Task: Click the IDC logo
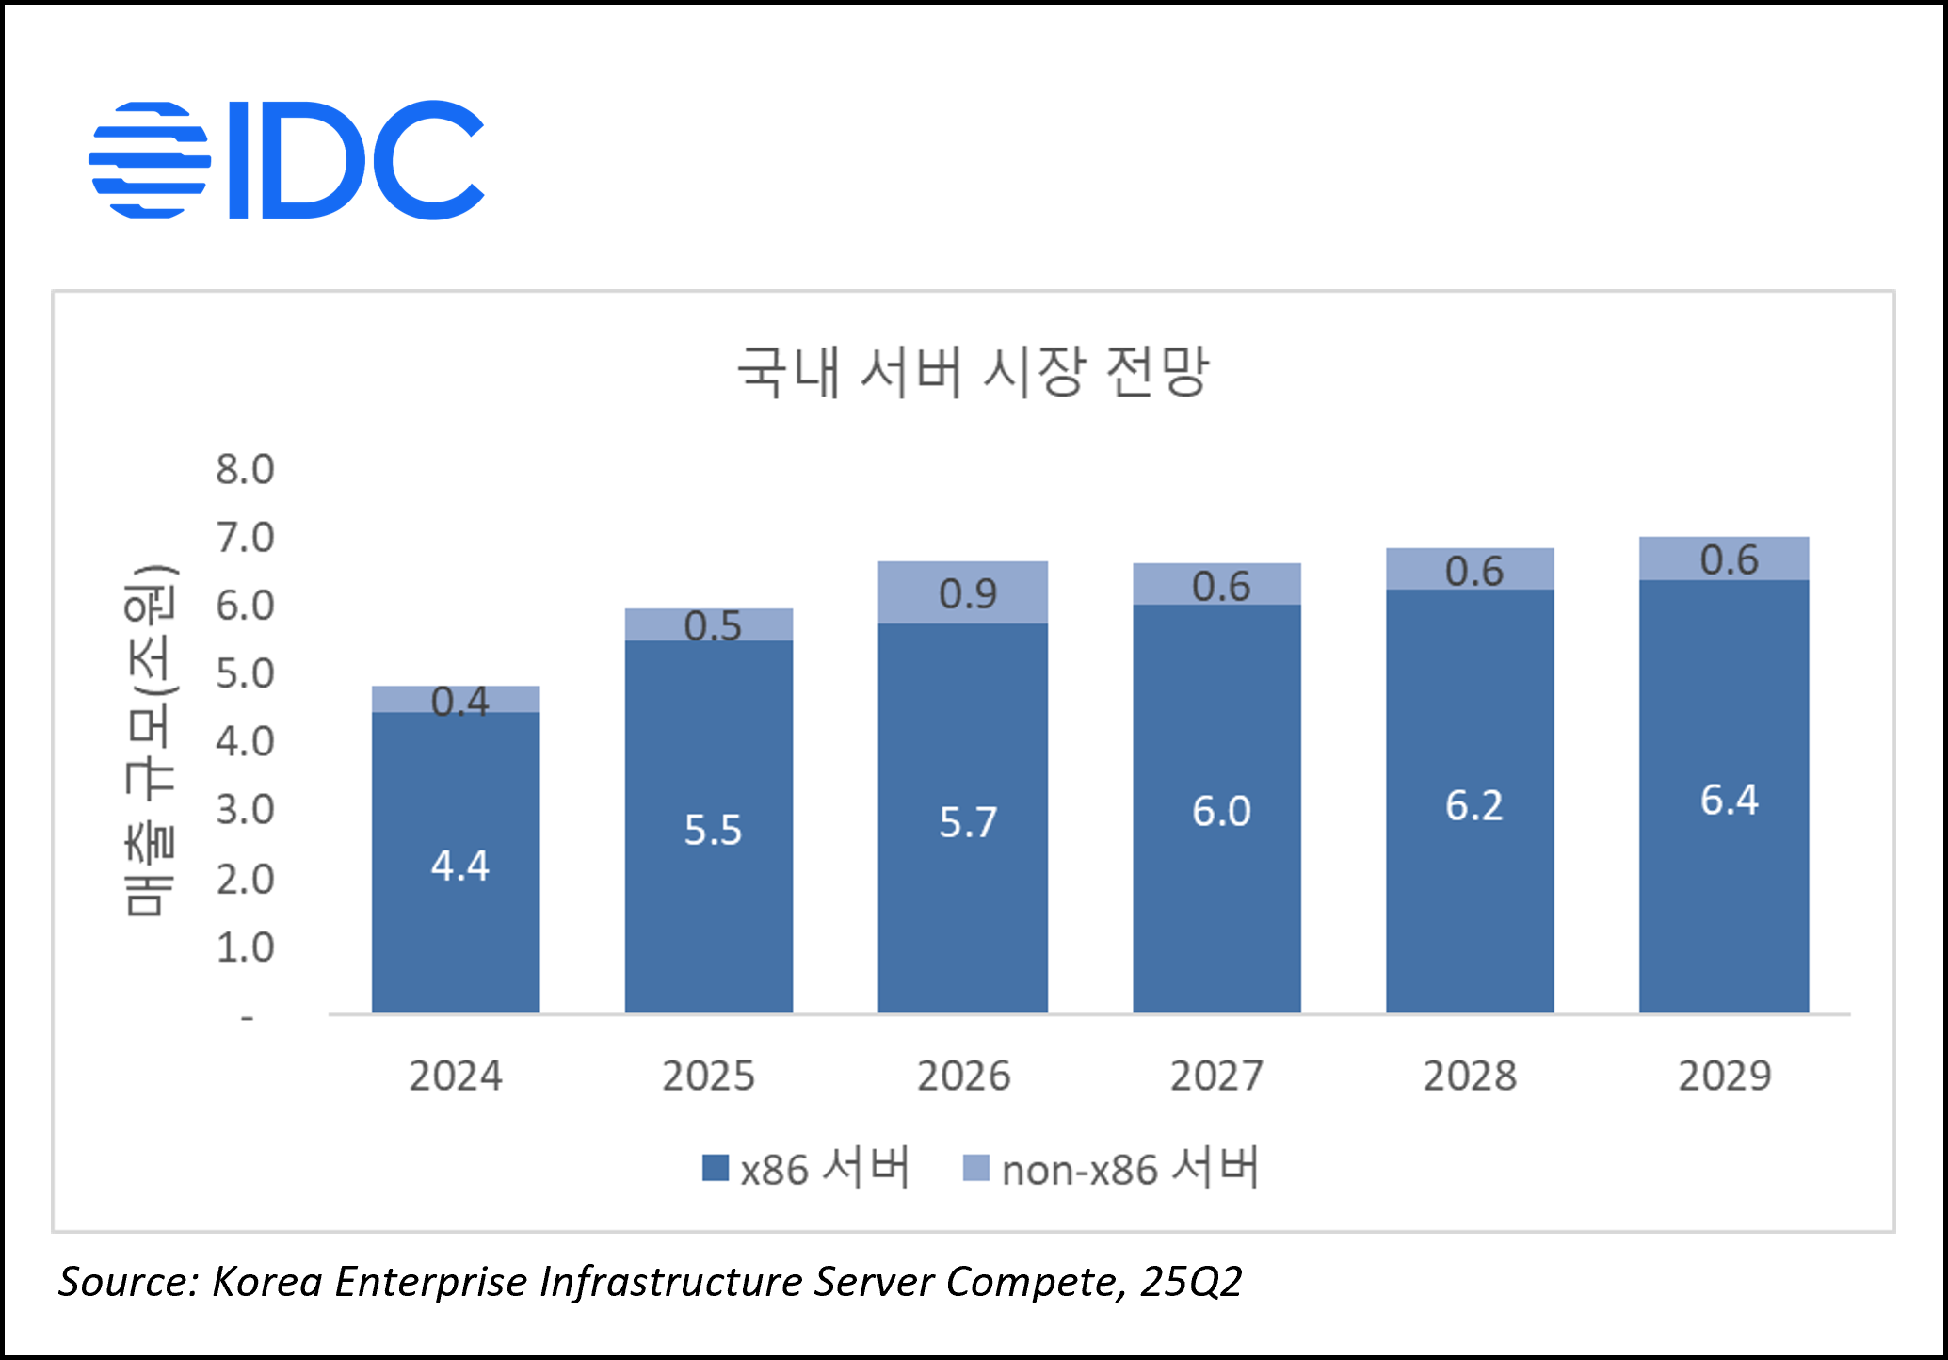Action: click(x=286, y=160)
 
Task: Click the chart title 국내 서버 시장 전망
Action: click(x=972, y=372)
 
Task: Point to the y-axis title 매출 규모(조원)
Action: click(x=151, y=740)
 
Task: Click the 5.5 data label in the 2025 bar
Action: click(x=713, y=830)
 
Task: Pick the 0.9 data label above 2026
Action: click(x=967, y=593)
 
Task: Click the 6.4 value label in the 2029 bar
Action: click(x=1729, y=800)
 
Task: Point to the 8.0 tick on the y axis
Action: click(x=245, y=469)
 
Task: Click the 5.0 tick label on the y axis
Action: click(x=245, y=673)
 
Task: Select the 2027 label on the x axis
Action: click(x=1216, y=1076)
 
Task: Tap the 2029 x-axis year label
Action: click(x=1725, y=1076)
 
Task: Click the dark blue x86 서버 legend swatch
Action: click(x=716, y=1169)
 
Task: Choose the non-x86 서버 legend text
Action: click(x=1130, y=1169)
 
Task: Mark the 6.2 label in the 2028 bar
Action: click(x=1474, y=805)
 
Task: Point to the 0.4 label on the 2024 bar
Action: click(x=459, y=701)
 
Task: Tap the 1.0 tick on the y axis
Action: click(x=245, y=947)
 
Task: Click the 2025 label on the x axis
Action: click(x=708, y=1076)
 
